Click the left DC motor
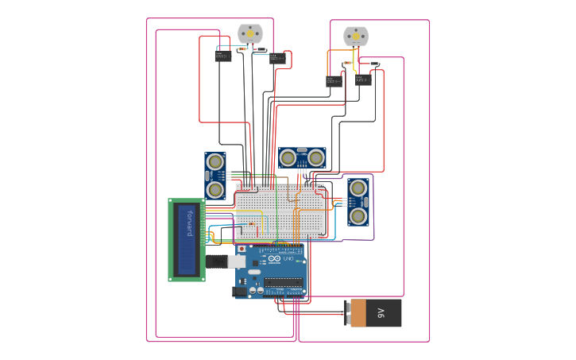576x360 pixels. pyautogui.click(x=249, y=33)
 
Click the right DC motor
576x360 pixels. pyautogui.click(x=355, y=36)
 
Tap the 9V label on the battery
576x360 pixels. pyautogui.click(x=381, y=313)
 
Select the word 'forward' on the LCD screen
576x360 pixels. pyautogui.click(x=189, y=223)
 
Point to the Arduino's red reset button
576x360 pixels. pyautogui.click(x=242, y=249)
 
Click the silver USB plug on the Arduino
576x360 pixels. pyautogui.click(x=236, y=261)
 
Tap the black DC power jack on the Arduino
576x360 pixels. pyautogui.click(x=239, y=292)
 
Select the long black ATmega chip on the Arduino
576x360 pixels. pyautogui.click(x=283, y=281)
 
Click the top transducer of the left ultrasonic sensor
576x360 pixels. pyautogui.click(x=215, y=161)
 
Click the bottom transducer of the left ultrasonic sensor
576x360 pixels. pyautogui.click(x=215, y=190)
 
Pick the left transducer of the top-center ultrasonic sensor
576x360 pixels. pyautogui.click(x=288, y=158)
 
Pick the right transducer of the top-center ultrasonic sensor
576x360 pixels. pyautogui.click(x=316, y=158)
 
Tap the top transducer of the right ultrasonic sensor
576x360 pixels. pyautogui.click(x=358, y=188)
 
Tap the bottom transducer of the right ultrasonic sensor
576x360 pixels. pyautogui.click(x=358, y=215)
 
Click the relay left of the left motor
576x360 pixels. pyautogui.click(x=223, y=56)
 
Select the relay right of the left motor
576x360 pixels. pyautogui.click(x=277, y=58)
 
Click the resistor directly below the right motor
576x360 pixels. pyautogui.click(x=347, y=63)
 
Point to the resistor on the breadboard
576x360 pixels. pyautogui.click(x=252, y=223)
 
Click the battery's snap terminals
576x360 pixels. pyautogui.click(x=347, y=312)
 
